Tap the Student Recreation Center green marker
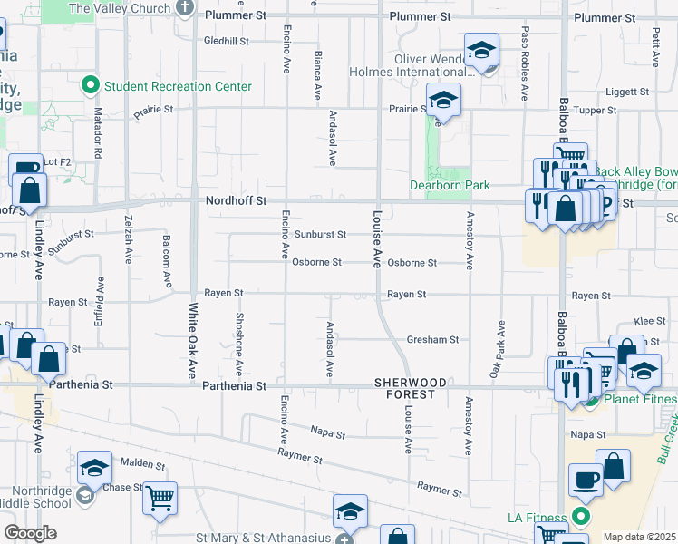[x=91, y=86]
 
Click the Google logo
[x=30, y=532]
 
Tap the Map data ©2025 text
[x=639, y=537]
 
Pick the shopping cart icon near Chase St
[x=160, y=498]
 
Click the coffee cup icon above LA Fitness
[x=585, y=479]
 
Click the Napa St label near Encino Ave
[x=328, y=433]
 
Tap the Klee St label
[x=650, y=321]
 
